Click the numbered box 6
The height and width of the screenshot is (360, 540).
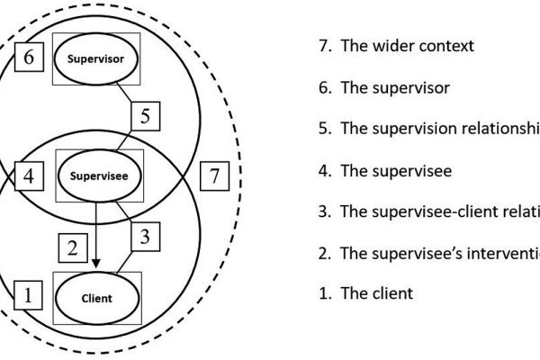pos(29,58)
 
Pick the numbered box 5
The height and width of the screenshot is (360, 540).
pos(148,115)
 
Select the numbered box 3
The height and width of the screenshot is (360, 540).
pos(147,238)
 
